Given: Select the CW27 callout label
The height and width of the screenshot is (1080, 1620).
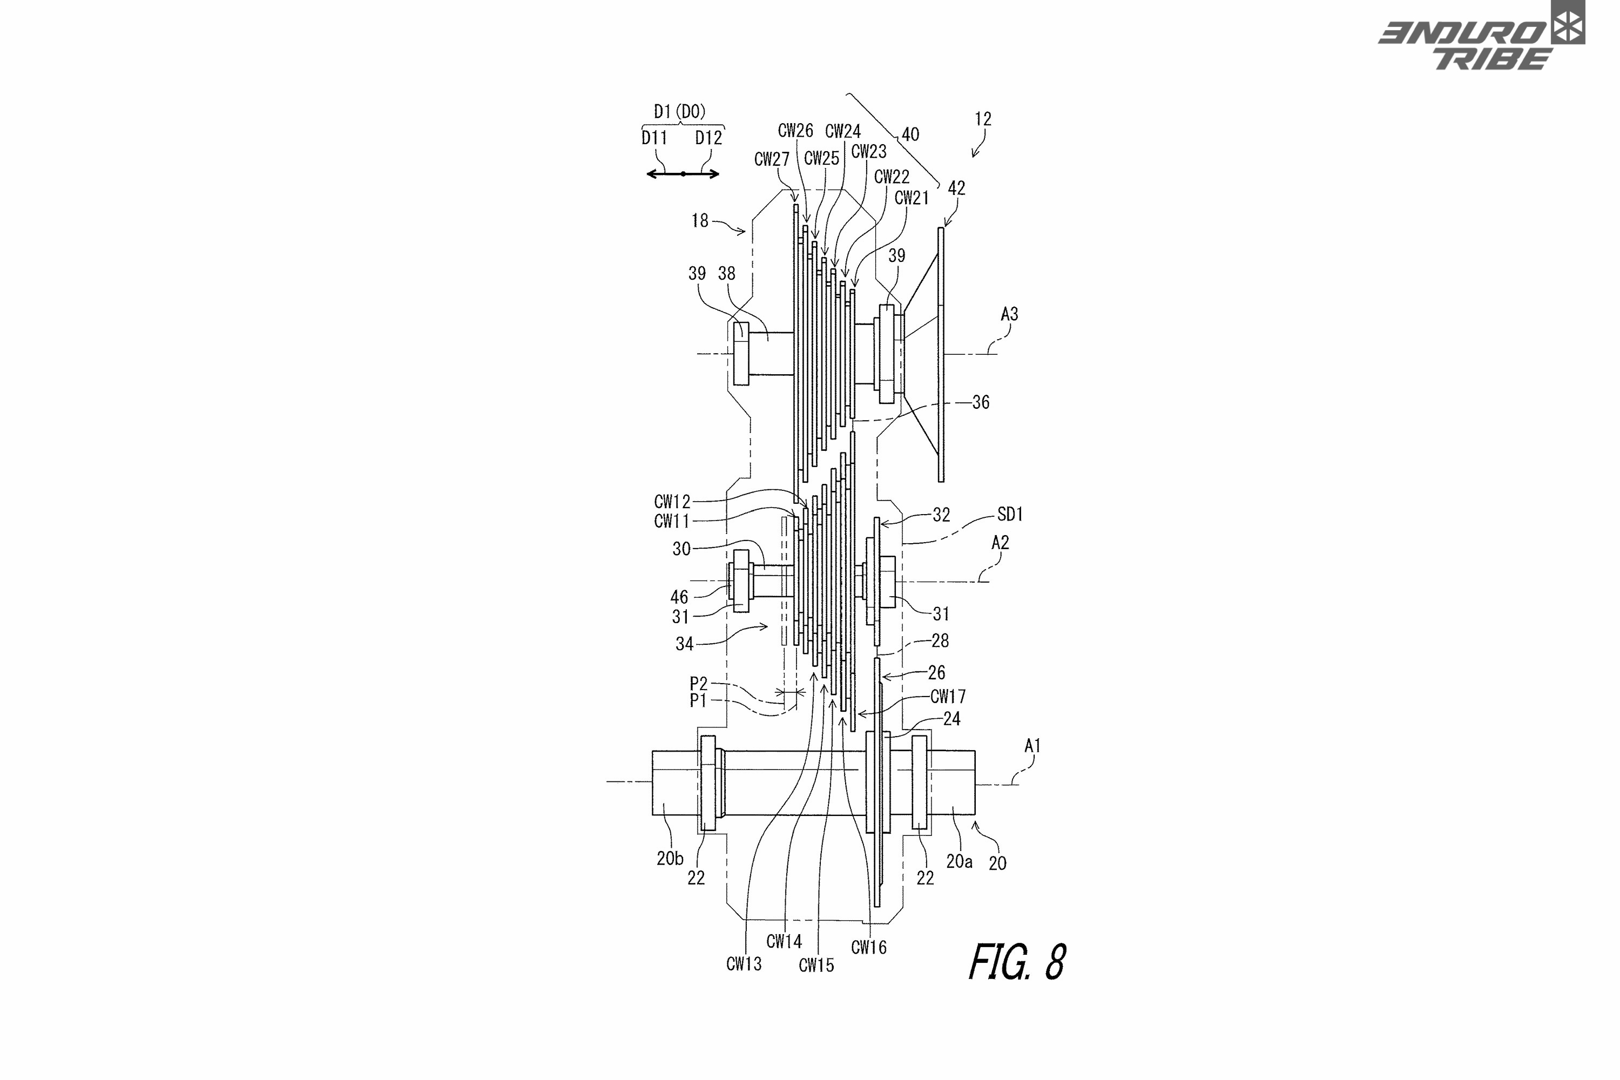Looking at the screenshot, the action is (x=772, y=159).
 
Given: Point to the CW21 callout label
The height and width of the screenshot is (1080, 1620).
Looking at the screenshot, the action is (x=912, y=198).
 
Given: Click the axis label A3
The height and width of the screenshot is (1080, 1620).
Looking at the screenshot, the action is (x=1009, y=314).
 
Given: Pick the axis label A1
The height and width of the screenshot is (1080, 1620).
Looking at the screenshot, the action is (x=1032, y=745).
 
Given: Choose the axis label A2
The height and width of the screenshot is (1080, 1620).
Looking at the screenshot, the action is (x=1000, y=543).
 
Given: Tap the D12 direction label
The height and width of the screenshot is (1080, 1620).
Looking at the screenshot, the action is (x=708, y=138).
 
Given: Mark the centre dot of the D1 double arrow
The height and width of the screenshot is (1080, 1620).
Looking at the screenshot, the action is (x=683, y=173).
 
